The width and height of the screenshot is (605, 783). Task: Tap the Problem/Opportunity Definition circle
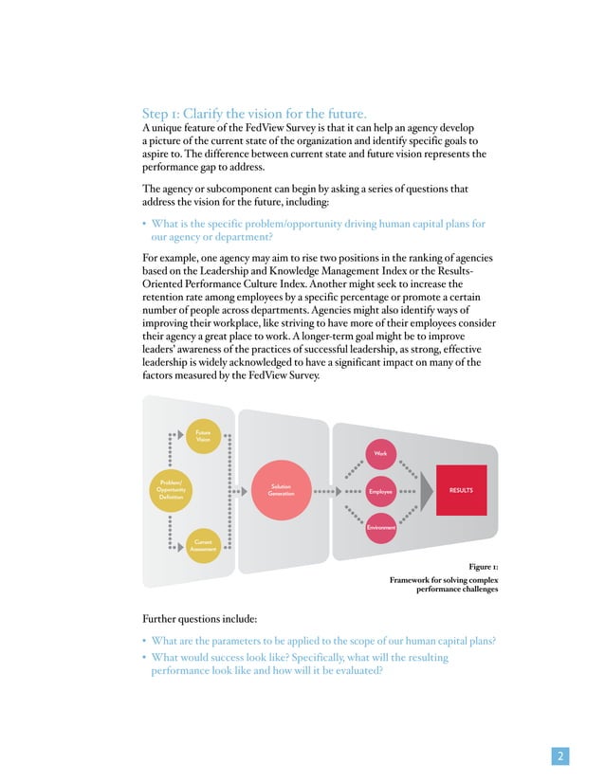click(x=172, y=491)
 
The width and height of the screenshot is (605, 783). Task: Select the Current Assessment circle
click(x=203, y=544)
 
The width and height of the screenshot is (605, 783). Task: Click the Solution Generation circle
click(x=281, y=491)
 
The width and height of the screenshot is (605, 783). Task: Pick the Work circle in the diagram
click(x=380, y=454)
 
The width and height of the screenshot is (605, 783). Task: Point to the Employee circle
click(x=380, y=492)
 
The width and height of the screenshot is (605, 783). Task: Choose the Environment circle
click(x=380, y=528)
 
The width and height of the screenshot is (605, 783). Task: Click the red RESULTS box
click(x=461, y=491)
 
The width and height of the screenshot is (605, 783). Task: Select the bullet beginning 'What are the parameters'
click(x=322, y=640)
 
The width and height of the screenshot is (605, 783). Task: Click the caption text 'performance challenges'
click(x=457, y=588)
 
